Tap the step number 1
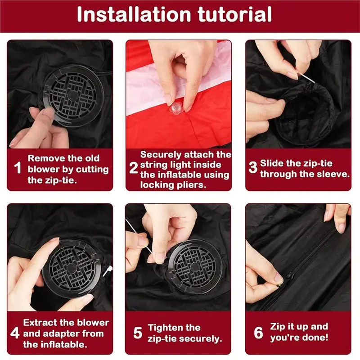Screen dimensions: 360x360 coord(18,169)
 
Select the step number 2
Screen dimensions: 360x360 coord(133,169)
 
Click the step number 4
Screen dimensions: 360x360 coord(15,333)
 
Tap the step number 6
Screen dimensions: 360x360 coord(258,333)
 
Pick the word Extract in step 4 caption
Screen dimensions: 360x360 coord(40,323)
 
